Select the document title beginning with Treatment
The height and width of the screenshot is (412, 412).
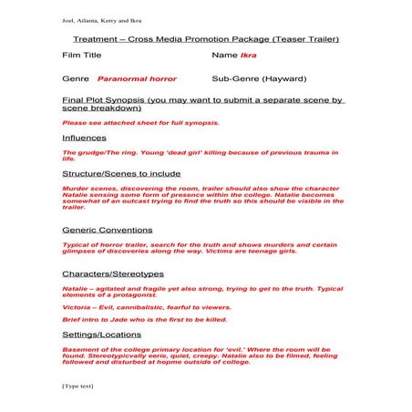(206, 40)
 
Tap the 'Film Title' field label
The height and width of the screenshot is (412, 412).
(81, 57)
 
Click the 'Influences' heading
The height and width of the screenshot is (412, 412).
(84, 138)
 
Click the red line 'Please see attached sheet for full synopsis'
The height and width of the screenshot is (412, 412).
(140, 122)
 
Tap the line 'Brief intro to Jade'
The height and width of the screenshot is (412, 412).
(131, 321)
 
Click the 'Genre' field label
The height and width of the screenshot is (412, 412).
(75, 79)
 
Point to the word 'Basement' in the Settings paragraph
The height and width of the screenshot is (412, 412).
(79, 348)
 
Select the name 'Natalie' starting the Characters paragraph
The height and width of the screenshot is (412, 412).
(74, 288)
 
